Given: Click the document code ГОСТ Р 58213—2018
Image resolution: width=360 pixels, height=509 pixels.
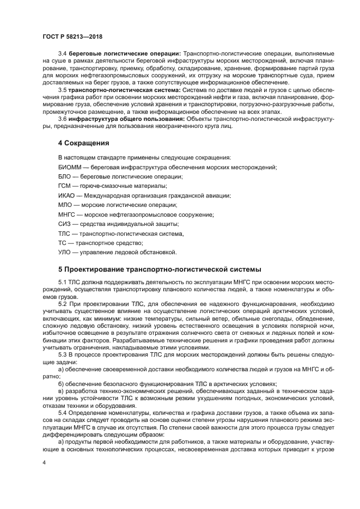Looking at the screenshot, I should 72,37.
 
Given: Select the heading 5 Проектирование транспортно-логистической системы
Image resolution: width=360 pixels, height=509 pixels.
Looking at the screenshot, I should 160,269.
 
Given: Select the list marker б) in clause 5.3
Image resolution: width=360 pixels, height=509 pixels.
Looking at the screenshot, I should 61,384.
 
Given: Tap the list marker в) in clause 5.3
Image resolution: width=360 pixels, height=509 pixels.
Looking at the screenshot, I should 61,391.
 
